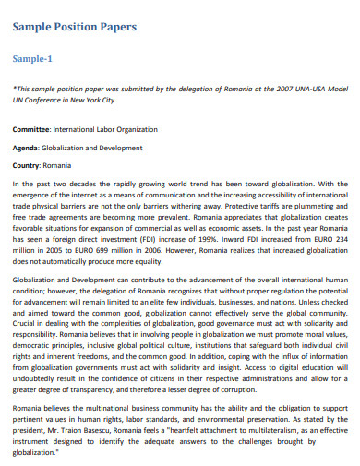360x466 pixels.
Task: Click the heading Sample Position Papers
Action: click(x=75, y=28)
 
